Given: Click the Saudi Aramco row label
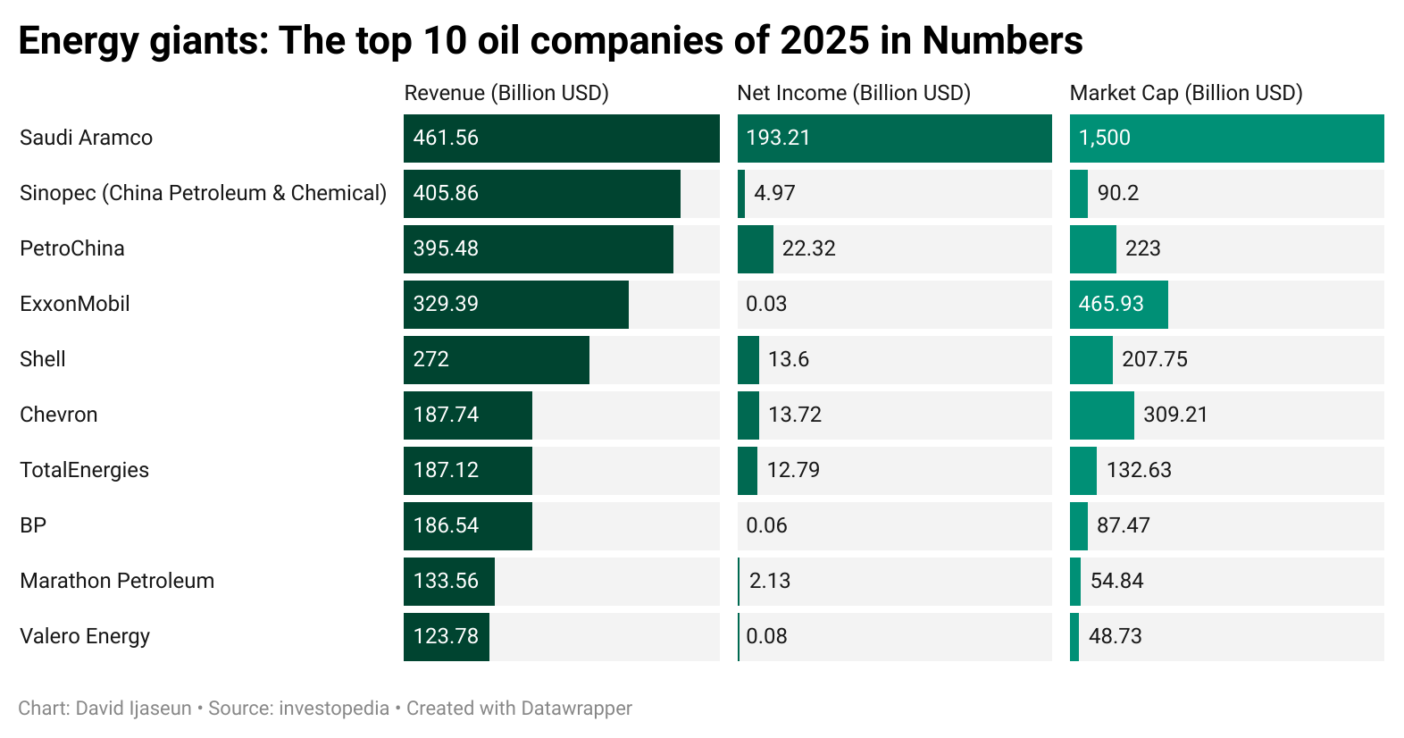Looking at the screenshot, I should pos(86,138).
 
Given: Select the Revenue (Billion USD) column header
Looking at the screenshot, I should pos(506,93).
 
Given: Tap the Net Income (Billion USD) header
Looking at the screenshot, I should pos(853,93).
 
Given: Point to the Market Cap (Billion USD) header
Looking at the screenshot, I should pos(1185,93).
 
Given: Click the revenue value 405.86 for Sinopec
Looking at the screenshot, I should pos(446,193).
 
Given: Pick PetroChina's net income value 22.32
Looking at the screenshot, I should pos(808,248).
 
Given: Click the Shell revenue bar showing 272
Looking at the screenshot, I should pos(496,359).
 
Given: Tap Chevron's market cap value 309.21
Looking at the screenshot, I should pos(1175,415).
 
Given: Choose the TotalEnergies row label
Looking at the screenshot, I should pos(84,470).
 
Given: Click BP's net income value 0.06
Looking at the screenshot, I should pos(766,525).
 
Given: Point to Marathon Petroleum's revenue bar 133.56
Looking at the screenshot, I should pos(447,581).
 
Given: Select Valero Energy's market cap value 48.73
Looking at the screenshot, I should pos(1115,636).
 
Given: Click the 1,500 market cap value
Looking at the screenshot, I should pos(1104,138).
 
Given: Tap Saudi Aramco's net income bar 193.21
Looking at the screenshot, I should pos(893,138).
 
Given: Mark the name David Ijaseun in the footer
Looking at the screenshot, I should pos(134,709).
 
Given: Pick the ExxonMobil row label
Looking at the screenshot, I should pos(75,304).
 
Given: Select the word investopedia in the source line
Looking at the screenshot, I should pos(334,709).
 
